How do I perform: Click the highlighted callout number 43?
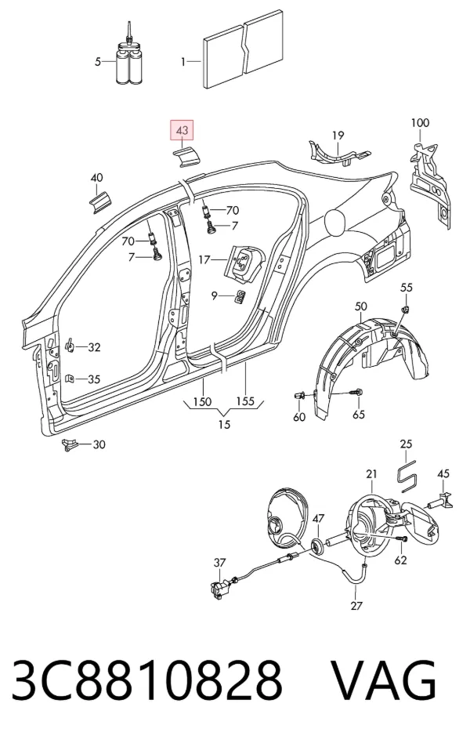183,130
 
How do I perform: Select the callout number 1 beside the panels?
183,62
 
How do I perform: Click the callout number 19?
338,136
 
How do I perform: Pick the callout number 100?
419,123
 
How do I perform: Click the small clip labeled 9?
240,296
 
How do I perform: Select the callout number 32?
94,347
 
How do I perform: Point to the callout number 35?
94,379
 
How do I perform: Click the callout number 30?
99,444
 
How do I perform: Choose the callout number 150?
202,402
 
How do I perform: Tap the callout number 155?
245,401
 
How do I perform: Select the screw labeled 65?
356,393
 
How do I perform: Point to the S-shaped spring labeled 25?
407,475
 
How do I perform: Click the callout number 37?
219,563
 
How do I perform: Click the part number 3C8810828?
147,680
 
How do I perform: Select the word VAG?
382,680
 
